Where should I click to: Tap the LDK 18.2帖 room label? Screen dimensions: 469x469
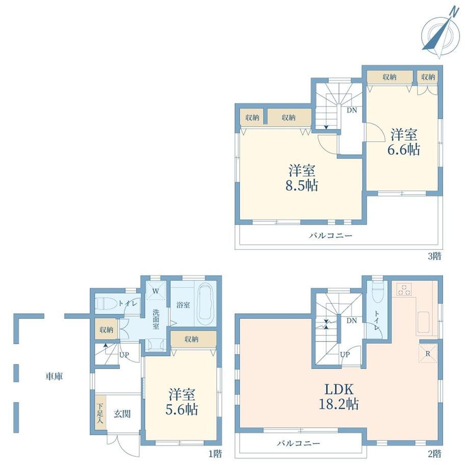click(339, 397)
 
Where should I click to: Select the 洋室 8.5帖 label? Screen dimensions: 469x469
click(302, 178)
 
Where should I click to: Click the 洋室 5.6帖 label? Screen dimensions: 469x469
click(182, 402)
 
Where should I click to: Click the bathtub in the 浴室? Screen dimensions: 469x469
click(206, 304)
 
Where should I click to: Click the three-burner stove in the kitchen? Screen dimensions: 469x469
click(404, 289)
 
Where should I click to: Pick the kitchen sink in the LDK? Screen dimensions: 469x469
click(423, 322)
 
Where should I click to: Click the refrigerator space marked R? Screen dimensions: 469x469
click(428, 354)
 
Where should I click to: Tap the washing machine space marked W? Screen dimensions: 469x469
click(155, 291)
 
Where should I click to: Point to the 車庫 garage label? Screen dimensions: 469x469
click(54, 376)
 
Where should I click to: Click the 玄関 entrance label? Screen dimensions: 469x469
click(122, 414)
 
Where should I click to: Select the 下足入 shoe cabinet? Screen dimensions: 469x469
click(100, 413)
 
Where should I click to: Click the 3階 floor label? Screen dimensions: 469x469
click(434, 256)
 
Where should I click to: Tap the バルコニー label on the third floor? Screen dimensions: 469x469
click(331, 236)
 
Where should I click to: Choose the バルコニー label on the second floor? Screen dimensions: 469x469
click(298, 443)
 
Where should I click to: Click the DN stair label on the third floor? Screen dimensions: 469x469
click(352, 110)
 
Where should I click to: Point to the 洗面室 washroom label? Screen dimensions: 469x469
click(156, 319)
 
